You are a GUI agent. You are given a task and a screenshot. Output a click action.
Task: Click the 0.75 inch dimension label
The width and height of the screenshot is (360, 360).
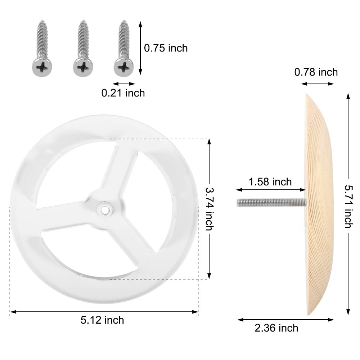point(166,48)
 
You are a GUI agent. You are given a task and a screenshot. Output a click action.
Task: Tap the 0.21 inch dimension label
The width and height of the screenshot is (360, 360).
point(123,93)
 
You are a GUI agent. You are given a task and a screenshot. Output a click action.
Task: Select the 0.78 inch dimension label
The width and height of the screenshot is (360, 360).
point(316,72)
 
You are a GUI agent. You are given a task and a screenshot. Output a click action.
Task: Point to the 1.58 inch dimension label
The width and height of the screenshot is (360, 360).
point(270,182)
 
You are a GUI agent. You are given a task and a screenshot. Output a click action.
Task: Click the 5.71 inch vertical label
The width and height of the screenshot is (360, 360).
point(349,206)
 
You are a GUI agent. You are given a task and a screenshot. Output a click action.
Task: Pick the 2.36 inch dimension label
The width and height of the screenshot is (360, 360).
point(276,328)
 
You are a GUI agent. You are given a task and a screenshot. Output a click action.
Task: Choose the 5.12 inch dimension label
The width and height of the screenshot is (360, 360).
point(102,320)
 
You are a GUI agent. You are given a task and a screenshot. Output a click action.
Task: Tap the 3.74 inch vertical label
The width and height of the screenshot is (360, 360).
point(209,209)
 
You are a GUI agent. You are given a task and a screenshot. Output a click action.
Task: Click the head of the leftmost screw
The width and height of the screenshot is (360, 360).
point(42,67)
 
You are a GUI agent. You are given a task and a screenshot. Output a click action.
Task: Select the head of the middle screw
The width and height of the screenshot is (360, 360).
point(83,67)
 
